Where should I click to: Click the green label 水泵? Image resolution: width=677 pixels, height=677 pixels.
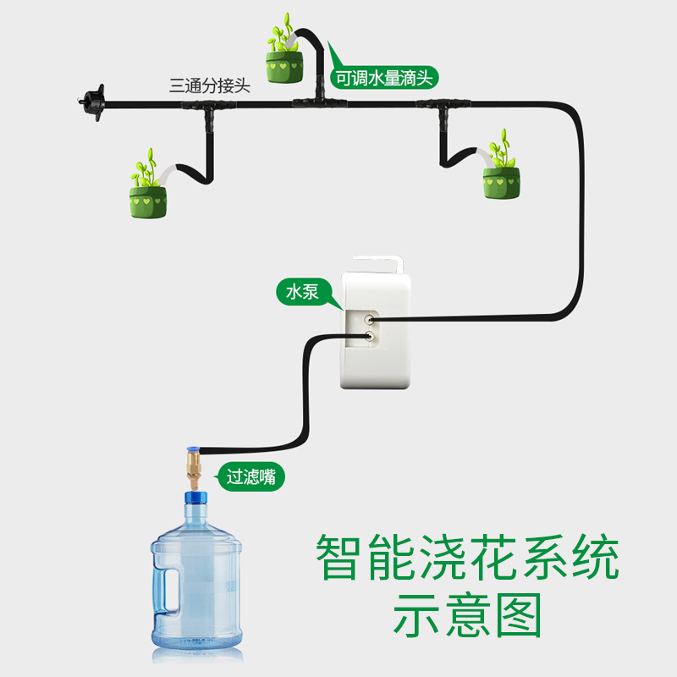[301, 293]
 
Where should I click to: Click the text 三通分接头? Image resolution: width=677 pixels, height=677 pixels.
[210, 85]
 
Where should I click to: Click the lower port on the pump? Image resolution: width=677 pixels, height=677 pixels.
[369, 337]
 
